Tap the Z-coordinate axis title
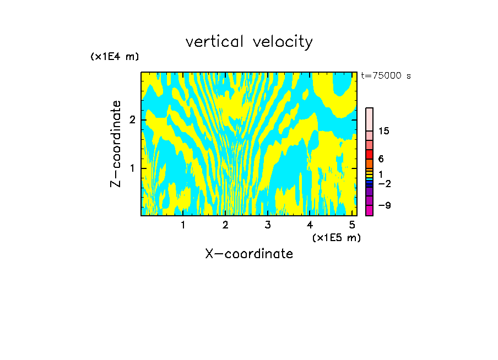click(116, 144)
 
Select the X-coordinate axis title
click(249, 254)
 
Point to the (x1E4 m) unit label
click(115, 57)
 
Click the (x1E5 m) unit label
click(336, 237)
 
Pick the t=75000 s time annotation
click(386, 76)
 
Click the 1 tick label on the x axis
click(183, 225)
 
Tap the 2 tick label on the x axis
click(225, 225)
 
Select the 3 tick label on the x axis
click(267, 225)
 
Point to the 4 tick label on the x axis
click(310, 225)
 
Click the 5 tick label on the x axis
click(352, 225)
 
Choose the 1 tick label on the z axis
click(132, 168)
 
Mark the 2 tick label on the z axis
click(132, 120)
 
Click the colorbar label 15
click(384, 131)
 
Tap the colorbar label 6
click(381, 159)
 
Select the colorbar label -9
click(384, 205)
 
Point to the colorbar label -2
click(384, 184)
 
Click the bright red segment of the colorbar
click(369, 154)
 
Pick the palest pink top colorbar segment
click(369, 119)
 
